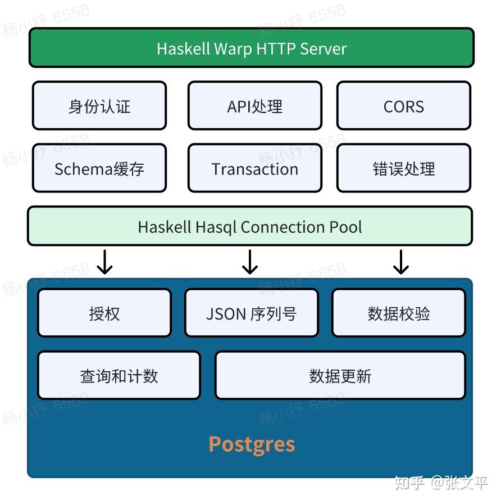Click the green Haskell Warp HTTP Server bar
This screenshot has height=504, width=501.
pos(251,48)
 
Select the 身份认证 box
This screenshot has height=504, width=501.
pos(99,106)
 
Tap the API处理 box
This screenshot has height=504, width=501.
pos(255,106)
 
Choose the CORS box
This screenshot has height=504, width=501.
pos(403,106)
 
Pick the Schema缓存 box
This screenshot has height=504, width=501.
pos(99,169)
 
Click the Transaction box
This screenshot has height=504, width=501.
pos(255,169)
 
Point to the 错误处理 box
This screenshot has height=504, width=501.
pos(403,169)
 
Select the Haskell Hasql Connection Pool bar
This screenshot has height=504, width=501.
pos(250,227)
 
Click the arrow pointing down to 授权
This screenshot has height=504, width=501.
pos(104,262)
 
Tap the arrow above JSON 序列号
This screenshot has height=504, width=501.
pos(250,262)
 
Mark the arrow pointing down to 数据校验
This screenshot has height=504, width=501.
pos(400,262)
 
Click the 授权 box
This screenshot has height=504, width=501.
pos(104,313)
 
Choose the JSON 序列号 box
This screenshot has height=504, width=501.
pos(251,313)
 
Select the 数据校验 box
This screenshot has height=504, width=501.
pos(399,313)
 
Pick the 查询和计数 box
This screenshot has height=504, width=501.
pos(119,376)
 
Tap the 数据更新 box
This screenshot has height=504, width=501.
pos(340,376)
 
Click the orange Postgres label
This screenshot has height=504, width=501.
pos(252,444)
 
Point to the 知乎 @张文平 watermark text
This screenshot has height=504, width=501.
pos(441,483)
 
